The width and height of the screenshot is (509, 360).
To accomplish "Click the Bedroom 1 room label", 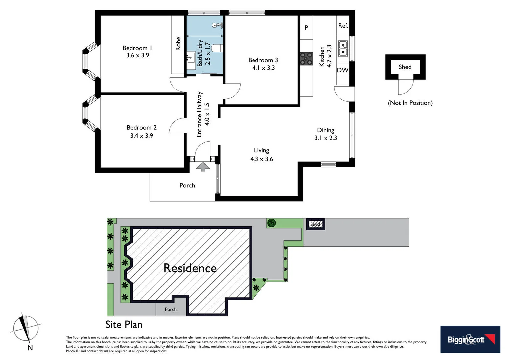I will click(x=137, y=48).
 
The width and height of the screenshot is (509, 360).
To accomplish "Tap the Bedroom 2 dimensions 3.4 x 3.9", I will click(x=141, y=136).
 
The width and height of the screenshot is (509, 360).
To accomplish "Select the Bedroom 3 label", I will click(x=263, y=60).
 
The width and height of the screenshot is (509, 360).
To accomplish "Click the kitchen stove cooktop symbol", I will click(x=306, y=59).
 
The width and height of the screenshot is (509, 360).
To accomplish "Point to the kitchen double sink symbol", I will click(x=343, y=49).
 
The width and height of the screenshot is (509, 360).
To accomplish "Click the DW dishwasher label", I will click(x=342, y=70).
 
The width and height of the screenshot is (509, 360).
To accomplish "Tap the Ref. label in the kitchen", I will click(x=343, y=26).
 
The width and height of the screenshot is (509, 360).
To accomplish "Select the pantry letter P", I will click(x=306, y=28).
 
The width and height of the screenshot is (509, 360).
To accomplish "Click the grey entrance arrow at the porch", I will click(x=203, y=167).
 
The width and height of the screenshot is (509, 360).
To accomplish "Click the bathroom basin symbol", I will click(x=191, y=57).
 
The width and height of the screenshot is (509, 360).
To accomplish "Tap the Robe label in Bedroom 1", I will click(x=178, y=44).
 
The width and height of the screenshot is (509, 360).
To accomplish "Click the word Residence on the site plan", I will click(x=190, y=268).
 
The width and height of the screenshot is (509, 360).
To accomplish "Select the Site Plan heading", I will click(x=124, y=324).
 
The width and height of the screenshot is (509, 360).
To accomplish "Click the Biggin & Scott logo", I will click(x=470, y=339).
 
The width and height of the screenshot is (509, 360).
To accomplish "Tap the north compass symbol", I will click(x=26, y=329).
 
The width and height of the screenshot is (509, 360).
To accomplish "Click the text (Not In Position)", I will click(x=410, y=103).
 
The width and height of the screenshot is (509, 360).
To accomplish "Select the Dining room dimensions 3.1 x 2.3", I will click(x=325, y=138).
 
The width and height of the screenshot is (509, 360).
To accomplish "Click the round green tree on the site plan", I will click(x=272, y=223).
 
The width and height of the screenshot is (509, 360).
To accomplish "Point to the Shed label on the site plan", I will click(x=315, y=224).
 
